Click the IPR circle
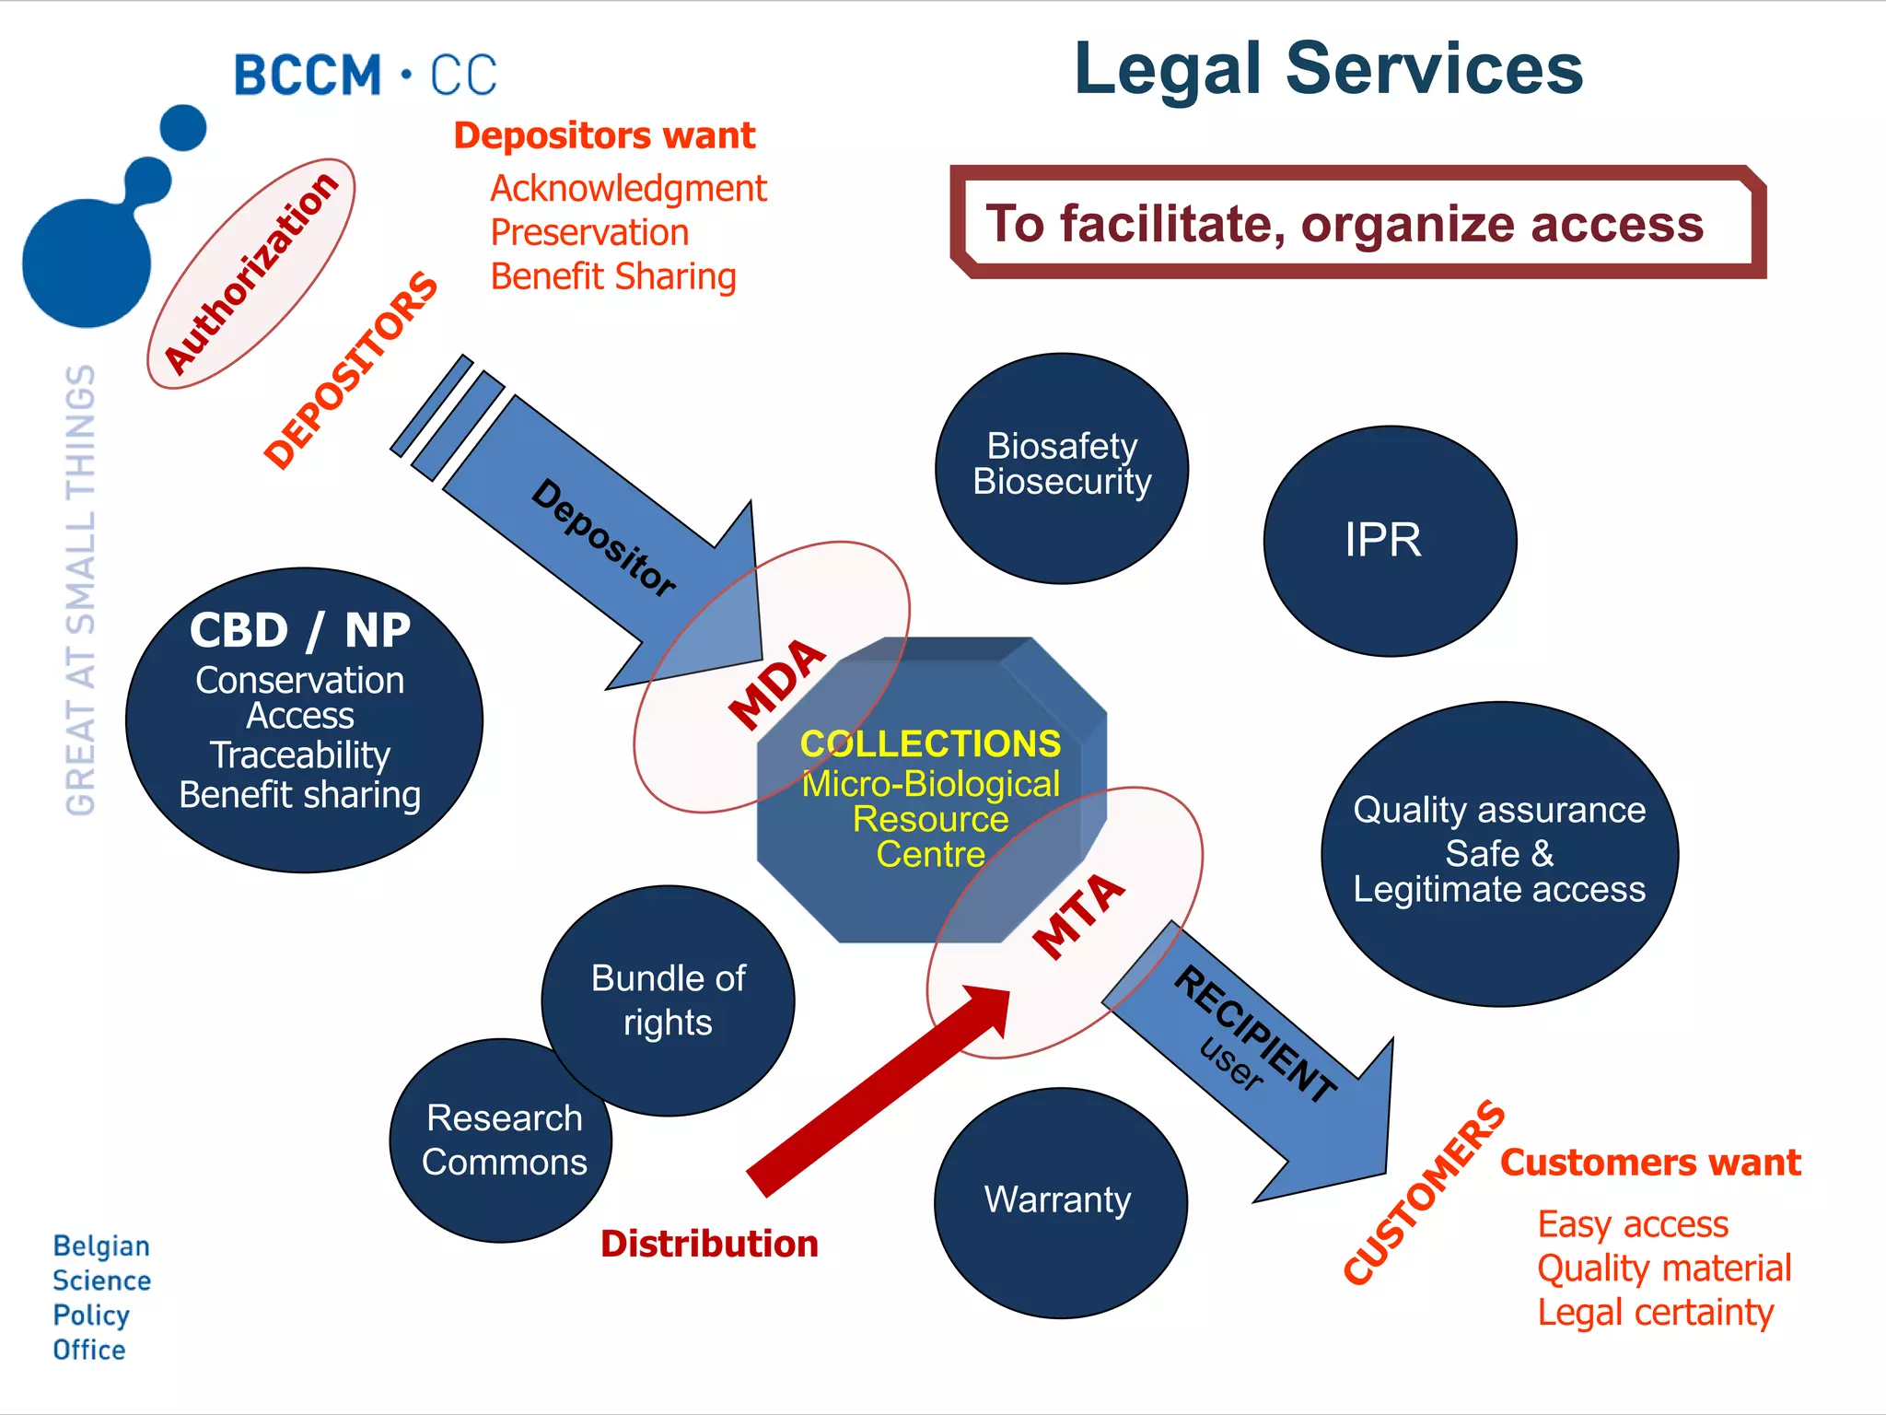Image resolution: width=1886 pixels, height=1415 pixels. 1390,541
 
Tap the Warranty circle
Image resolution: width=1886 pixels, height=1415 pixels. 1060,1202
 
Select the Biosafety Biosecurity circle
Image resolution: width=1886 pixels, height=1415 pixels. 1062,467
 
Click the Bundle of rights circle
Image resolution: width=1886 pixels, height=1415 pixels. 669,1000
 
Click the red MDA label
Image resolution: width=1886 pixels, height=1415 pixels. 777,684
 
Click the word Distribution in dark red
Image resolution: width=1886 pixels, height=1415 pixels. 709,1244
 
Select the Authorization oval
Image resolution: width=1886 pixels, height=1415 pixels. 251,274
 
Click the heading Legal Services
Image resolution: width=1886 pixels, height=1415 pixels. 1328,70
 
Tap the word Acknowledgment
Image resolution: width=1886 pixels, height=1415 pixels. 628,189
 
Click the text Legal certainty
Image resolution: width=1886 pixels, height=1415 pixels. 1655,1312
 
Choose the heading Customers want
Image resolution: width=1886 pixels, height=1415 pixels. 1650,1163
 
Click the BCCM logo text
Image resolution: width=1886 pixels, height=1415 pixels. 366,76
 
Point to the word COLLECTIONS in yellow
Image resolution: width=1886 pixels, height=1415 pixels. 930,743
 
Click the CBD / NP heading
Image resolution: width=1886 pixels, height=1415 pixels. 300,631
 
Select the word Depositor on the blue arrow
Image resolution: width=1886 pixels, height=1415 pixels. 604,538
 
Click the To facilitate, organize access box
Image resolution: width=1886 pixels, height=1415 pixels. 1357,223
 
